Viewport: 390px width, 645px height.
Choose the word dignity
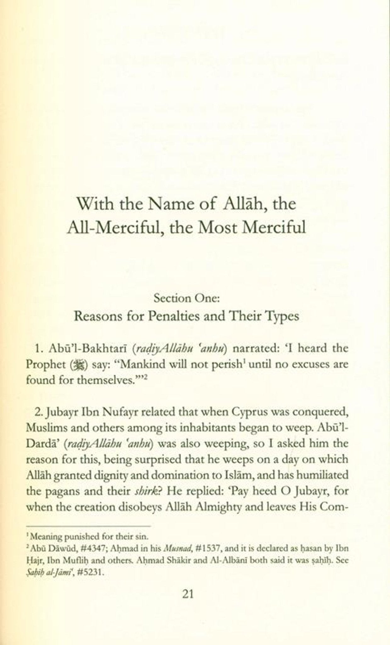coord(105,475)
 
